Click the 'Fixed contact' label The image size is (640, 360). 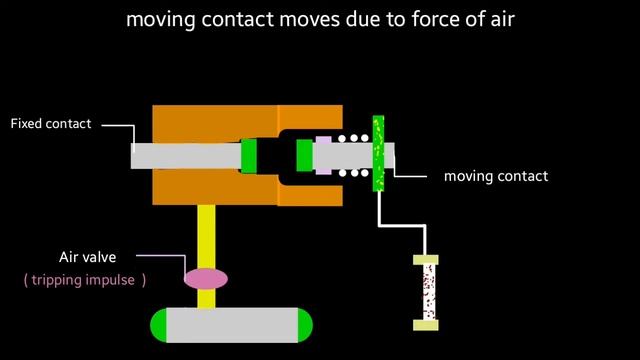tap(50, 124)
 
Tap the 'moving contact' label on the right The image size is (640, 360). tap(495, 176)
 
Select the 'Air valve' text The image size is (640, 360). tap(87, 257)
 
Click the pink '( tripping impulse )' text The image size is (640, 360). tap(84, 280)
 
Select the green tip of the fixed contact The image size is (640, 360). tap(249, 155)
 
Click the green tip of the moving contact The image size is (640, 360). tap(304, 156)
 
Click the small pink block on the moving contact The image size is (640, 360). tap(323, 155)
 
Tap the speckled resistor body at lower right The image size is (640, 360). tap(426, 292)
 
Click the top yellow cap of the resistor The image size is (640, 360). tap(426, 260)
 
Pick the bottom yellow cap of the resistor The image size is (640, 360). tap(426, 324)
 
